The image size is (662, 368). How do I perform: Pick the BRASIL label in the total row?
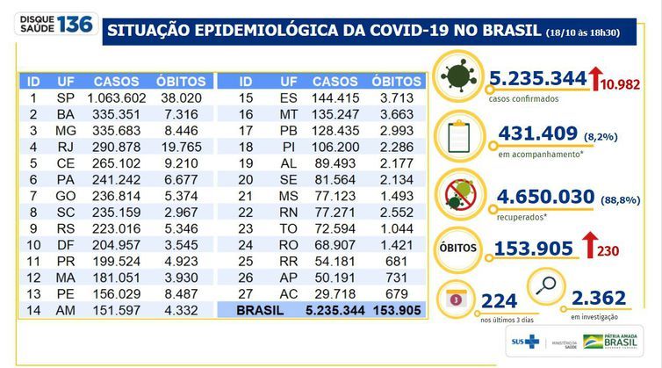[x=259, y=309]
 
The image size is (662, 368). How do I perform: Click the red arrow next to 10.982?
[x=593, y=80]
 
